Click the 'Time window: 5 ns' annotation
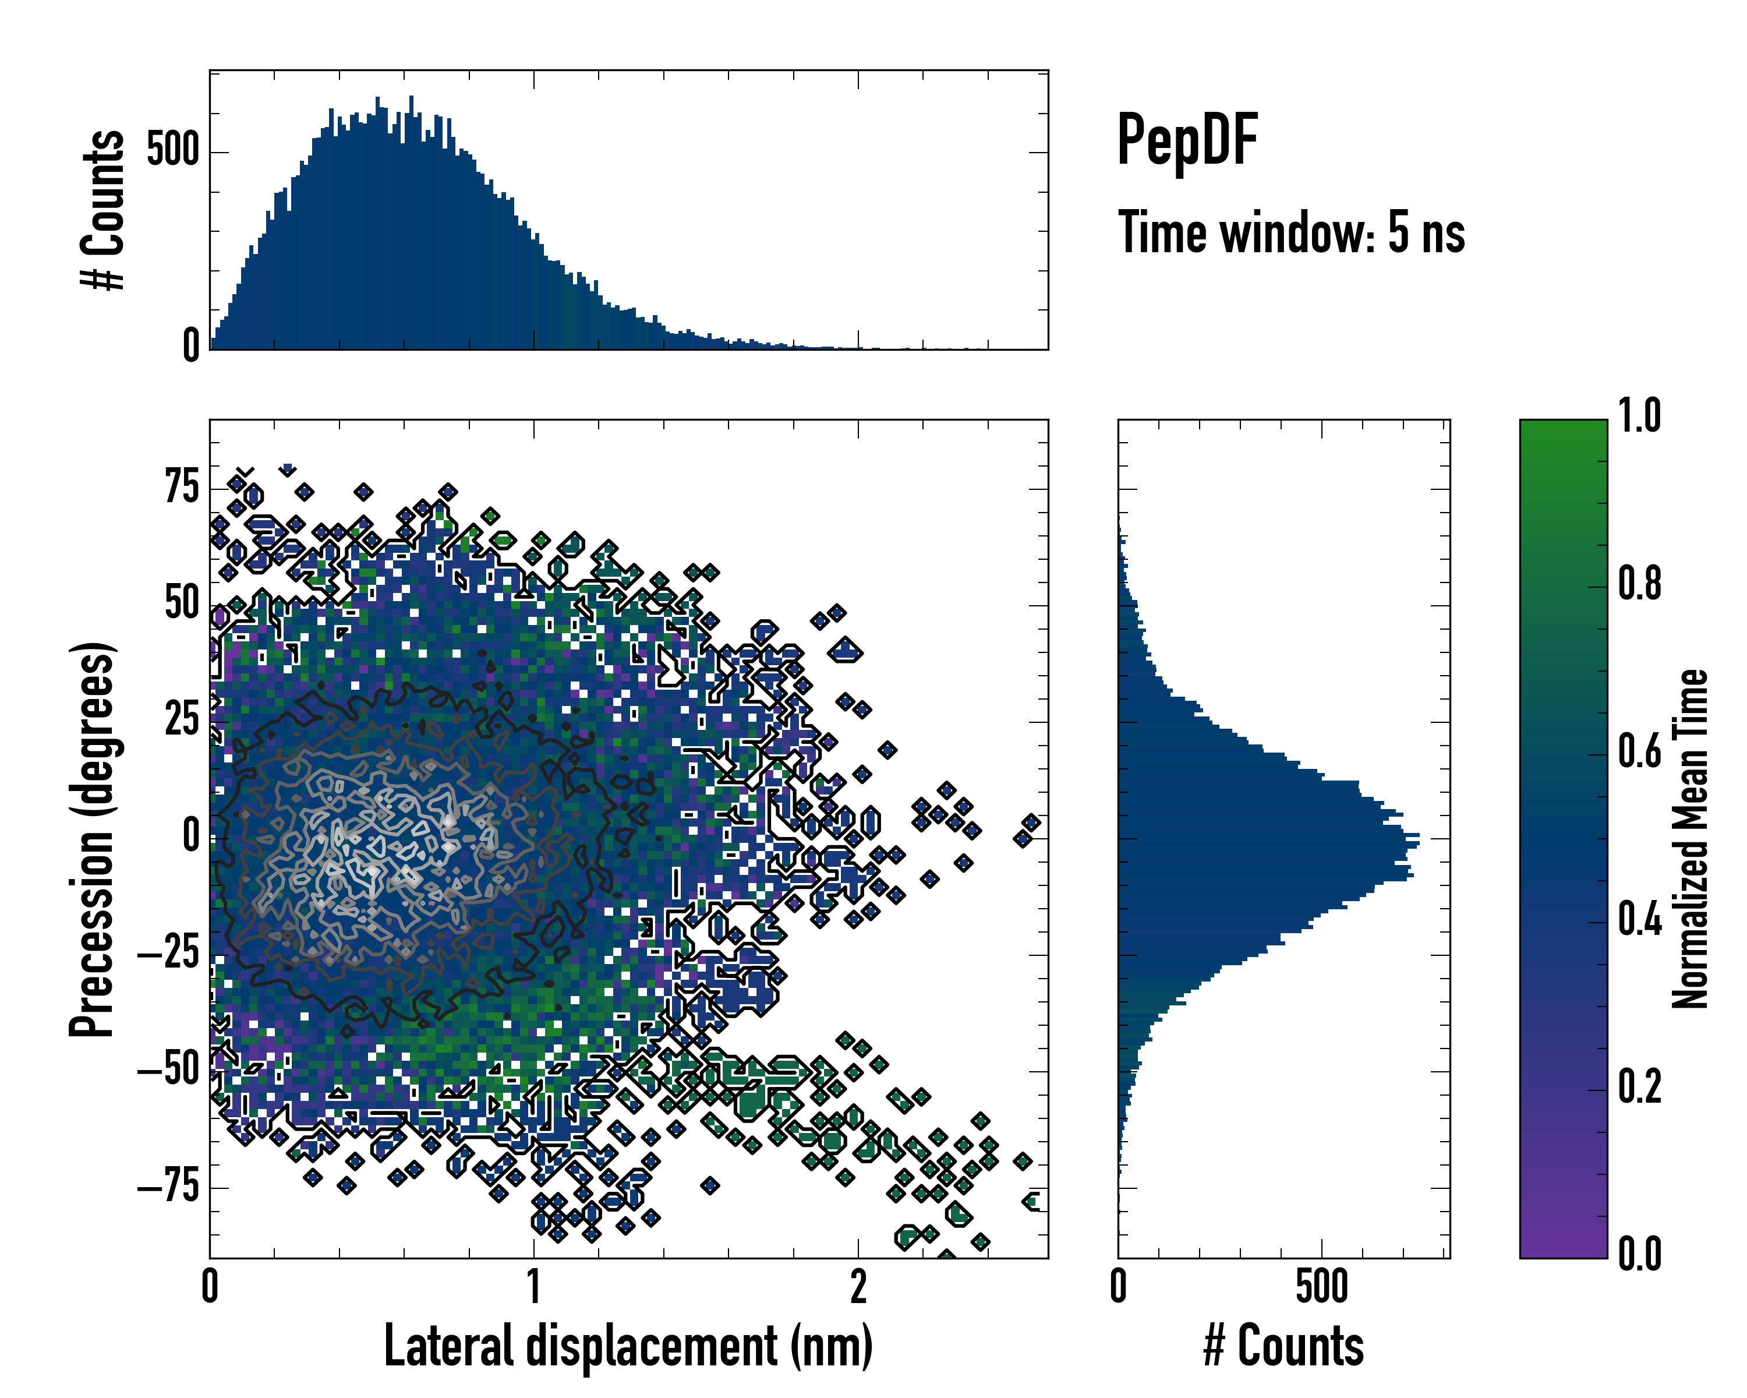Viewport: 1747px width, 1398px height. [x=1291, y=232]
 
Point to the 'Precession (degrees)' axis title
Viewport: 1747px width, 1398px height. [x=91, y=839]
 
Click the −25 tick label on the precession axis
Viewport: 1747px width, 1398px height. [x=168, y=954]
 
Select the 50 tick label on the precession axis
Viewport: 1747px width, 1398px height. [x=182, y=604]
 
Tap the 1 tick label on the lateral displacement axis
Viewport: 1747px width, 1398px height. [x=534, y=1287]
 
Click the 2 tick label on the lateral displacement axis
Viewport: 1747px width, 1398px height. [x=858, y=1287]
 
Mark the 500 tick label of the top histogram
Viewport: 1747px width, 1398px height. [x=172, y=151]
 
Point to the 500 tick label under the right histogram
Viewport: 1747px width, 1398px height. [x=1321, y=1287]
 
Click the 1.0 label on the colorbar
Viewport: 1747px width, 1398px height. [x=1639, y=416]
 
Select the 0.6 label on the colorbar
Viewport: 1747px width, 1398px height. [x=1639, y=752]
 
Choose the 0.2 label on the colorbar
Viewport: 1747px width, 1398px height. [x=1639, y=1088]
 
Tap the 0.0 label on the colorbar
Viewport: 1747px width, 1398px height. [x=1639, y=1255]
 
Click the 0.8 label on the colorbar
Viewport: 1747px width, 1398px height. [x=1639, y=584]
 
